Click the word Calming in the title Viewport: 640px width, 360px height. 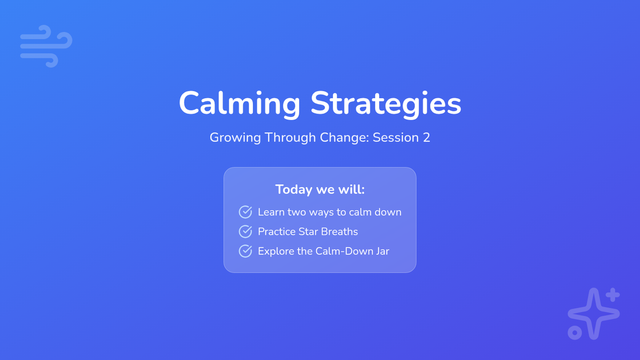[x=239, y=103]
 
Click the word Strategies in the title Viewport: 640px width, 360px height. [x=386, y=103]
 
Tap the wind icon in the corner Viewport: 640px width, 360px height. [x=46, y=46]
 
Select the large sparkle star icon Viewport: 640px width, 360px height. [x=594, y=314]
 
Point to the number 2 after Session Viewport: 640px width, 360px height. [x=426, y=138]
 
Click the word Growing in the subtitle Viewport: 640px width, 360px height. [x=235, y=138]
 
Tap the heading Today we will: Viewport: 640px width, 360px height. [x=320, y=190]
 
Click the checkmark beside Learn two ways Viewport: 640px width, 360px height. [x=245, y=212]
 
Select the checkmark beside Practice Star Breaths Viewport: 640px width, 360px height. [x=245, y=231]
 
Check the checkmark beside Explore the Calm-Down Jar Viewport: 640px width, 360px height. [x=245, y=251]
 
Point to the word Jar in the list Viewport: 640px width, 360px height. [x=382, y=251]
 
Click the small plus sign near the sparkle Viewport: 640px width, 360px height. [x=613, y=295]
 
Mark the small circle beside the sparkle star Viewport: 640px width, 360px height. [x=575, y=333]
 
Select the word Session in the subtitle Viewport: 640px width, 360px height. [x=396, y=138]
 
